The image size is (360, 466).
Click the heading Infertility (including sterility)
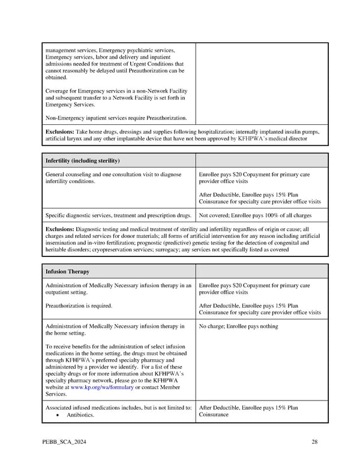(83, 161)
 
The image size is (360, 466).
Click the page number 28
(314, 443)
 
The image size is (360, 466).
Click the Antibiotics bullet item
(82, 415)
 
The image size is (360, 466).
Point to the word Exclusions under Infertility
(60, 229)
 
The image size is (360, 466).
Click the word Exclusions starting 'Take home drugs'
(60, 131)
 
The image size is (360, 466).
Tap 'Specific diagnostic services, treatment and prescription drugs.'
(118, 215)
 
